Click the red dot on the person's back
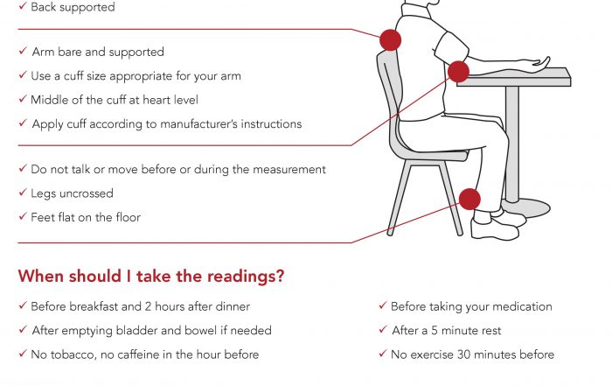click(x=390, y=40)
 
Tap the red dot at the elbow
click(x=458, y=72)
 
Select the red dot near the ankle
click(x=469, y=200)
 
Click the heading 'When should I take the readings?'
click(x=151, y=277)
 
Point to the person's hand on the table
click(x=539, y=61)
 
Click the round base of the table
click(x=527, y=207)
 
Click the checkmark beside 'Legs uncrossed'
click(x=23, y=193)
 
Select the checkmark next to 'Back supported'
click(x=23, y=6)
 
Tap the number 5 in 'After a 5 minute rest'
click(x=435, y=331)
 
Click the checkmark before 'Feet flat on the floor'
click(x=23, y=216)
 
